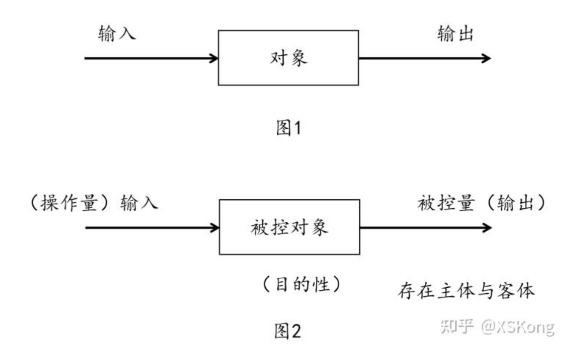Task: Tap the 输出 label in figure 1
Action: click(x=456, y=34)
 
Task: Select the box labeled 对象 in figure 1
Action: click(x=288, y=58)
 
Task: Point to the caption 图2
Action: click(x=288, y=330)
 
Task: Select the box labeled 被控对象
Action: click(x=289, y=227)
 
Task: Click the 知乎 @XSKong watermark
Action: click(x=497, y=327)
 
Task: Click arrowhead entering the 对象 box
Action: click(x=213, y=58)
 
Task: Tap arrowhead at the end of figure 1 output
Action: click(x=486, y=58)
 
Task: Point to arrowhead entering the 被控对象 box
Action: click(x=214, y=227)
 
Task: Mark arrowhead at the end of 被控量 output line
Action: click(x=487, y=227)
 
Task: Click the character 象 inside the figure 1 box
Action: click(x=299, y=58)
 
